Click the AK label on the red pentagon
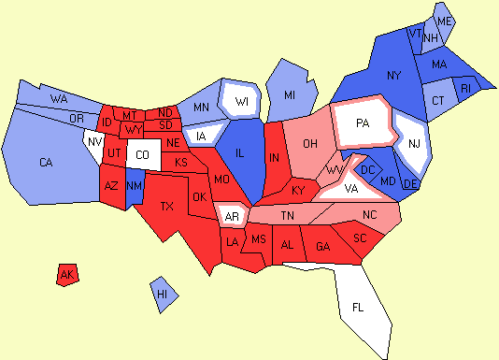pyautogui.click(x=66, y=275)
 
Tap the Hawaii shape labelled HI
pyautogui.click(x=163, y=294)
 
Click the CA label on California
pyautogui.click(x=46, y=163)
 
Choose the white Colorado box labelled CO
pyautogui.click(x=142, y=155)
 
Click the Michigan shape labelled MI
pyautogui.click(x=290, y=95)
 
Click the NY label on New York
pyautogui.click(x=393, y=75)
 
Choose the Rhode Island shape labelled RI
pyautogui.click(x=467, y=89)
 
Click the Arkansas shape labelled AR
pyautogui.click(x=231, y=218)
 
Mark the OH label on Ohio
pyautogui.click(x=310, y=143)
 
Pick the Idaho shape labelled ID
pyautogui.click(x=106, y=123)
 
